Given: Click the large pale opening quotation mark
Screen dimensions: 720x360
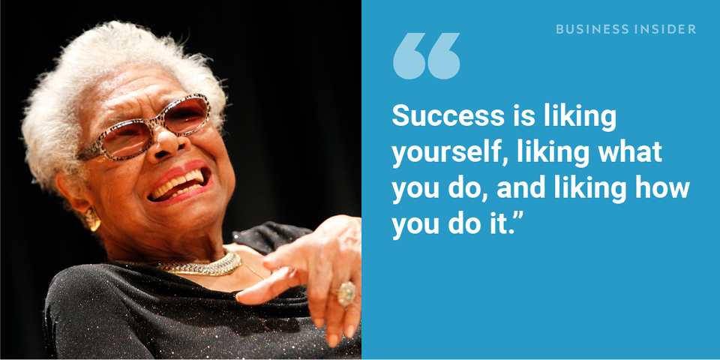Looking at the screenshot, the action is (x=426, y=55).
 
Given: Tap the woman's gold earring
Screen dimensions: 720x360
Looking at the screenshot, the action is (x=92, y=218).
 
